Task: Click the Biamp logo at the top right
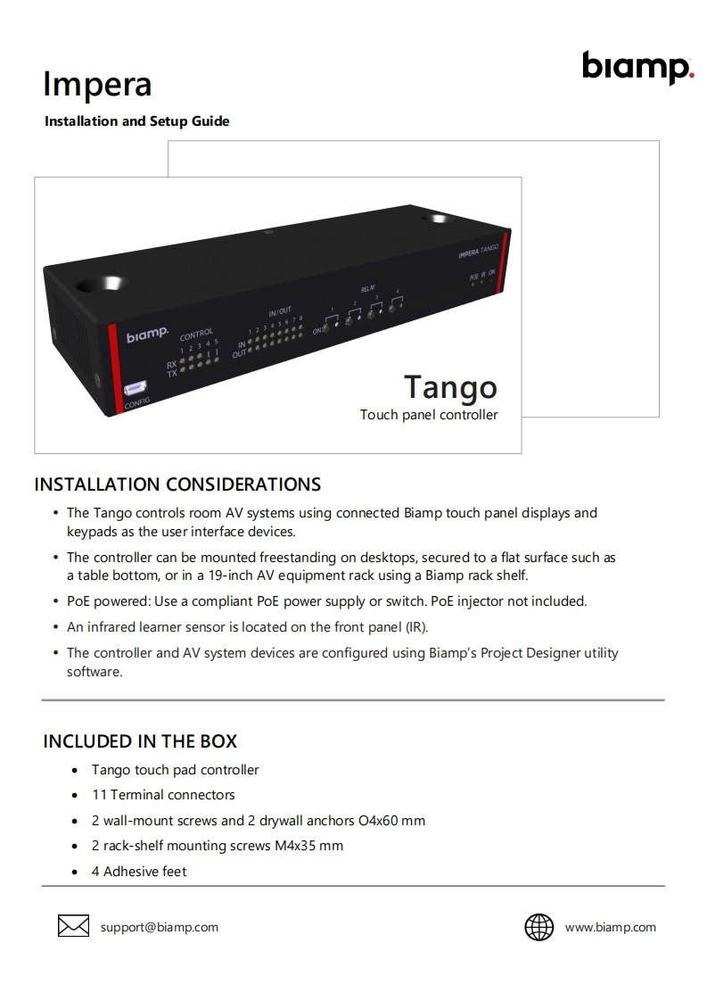coord(637,67)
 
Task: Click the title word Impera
coord(97,85)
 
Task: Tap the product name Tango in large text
coord(450,386)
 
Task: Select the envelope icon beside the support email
coord(73,927)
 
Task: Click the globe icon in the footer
coord(538,927)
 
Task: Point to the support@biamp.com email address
coord(159,927)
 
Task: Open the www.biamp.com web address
coord(610,927)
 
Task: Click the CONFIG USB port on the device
coord(136,388)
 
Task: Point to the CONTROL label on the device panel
coord(196,335)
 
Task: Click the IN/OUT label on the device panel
coord(279,311)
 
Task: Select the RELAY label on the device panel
coord(367,289)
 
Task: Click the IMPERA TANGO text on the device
coord(478,252)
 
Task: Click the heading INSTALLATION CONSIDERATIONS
coord(177,484)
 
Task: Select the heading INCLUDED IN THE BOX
coord(140,741)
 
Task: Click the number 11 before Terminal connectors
coord(99,795)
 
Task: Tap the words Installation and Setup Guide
coord(136,121)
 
